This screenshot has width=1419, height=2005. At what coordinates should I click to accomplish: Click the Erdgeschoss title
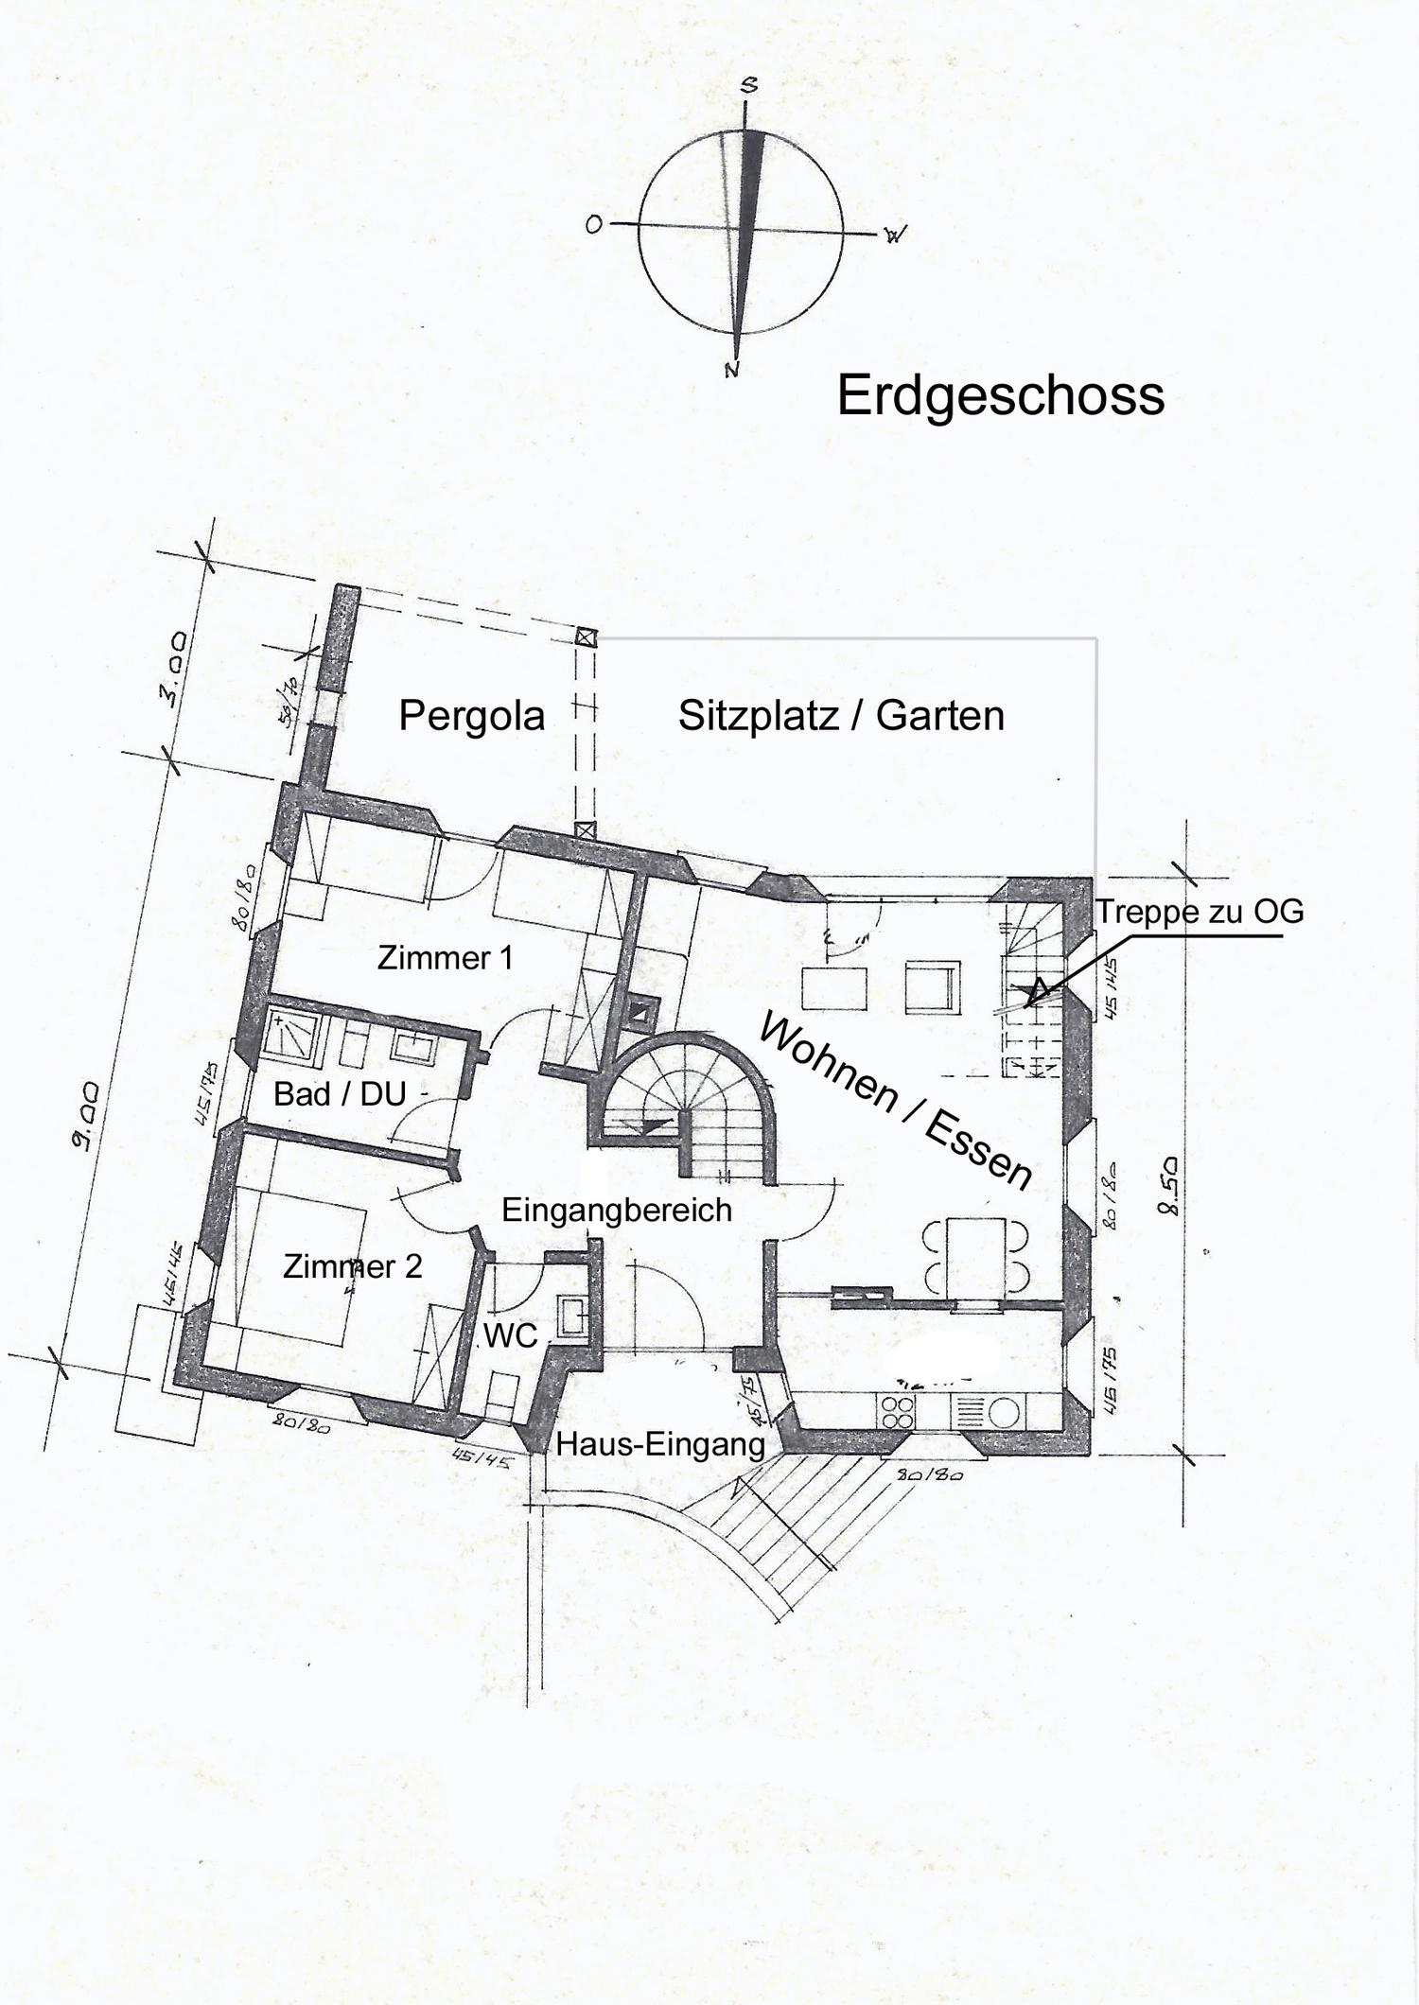(x=1000, y=395)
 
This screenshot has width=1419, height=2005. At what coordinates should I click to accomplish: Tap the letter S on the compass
(x=749, y=86)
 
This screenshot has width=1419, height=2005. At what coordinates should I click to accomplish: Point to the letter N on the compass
(x=731, y=370)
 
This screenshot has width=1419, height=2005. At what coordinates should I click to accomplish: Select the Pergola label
(x=471, y=716)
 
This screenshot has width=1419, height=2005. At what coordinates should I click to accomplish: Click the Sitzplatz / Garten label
(x=841, y=716)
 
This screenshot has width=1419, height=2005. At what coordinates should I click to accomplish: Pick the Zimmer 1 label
(x=445, y=958)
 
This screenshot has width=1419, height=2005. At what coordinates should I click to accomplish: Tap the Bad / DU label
(x=340, y=1094)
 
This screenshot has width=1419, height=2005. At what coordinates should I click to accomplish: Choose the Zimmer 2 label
(x=352, y=1266)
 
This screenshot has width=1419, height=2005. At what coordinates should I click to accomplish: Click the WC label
(x=511, y=1335)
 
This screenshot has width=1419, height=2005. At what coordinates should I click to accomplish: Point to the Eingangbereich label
(x=616, y=1210)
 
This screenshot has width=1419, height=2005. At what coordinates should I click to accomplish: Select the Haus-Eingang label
(x=660, y=1444)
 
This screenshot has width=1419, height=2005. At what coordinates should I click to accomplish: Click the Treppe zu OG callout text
(x=1200, y=912)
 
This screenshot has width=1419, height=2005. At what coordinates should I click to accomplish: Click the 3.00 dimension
(x=173, y=671)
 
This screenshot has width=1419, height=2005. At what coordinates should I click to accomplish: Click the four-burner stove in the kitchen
(x=897, y=1412)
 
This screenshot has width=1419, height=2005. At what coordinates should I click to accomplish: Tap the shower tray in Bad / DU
(x=296, y=1035)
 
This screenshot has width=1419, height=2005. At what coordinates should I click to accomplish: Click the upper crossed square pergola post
(x=587, y=637)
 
